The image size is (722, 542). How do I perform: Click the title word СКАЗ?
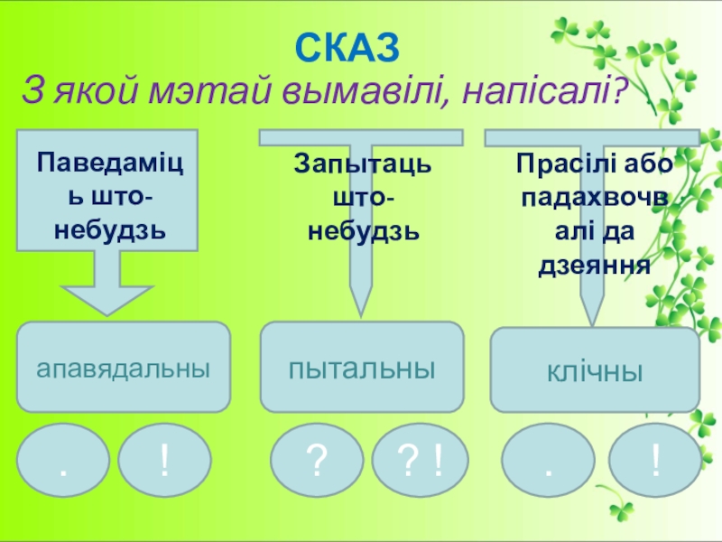coord(347,48)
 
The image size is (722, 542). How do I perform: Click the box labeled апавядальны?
coord(124,367)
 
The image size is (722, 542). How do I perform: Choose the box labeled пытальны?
coord(362,367)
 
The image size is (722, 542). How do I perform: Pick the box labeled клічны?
coord(595,369)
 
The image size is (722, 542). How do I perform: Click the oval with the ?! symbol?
coord(420,460)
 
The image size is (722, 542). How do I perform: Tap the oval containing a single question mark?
coord(317,460)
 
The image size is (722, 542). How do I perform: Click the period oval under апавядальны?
coord(63,460)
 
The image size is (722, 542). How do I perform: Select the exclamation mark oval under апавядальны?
coord(164,460)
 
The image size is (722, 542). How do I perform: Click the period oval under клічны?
coord(548,460)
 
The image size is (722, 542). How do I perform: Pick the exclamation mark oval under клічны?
coord(655,460)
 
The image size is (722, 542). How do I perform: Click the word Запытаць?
coord(363,164)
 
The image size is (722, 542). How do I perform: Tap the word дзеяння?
coord(595,265)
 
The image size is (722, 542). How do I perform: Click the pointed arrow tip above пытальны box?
coord(360,316)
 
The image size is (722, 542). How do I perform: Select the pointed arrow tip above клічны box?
coord(592,325)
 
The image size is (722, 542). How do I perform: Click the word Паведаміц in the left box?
coord(109,163)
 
